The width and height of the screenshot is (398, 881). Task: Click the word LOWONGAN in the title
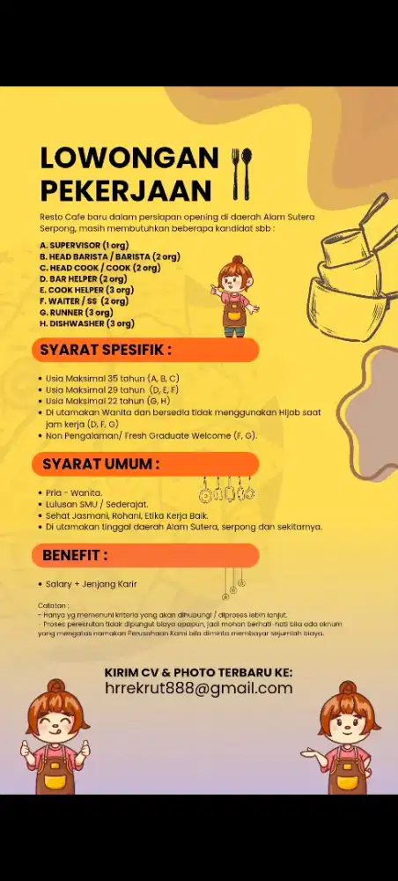pyautogui.click(x=129, y=158)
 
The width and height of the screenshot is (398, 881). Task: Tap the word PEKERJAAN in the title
pyautogui.click(x=126, y=190)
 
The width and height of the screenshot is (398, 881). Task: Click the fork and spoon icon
pyautogui.click(x=241, y=174)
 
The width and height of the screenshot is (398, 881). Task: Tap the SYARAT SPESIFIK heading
pyautogui.click(x=106, y=350)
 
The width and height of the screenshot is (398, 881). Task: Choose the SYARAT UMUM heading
pyautogui.click(x=101, y=463)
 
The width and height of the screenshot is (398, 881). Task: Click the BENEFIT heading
pyautogui.click(x=76, y=556)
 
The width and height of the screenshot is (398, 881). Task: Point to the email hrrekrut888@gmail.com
pyautogui.click(x=198, y=689)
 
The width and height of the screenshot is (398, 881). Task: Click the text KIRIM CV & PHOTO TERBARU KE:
pyautogui.click(x=198, y=672)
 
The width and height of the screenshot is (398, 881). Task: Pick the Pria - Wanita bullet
pyautogui.click(x=74, y=492)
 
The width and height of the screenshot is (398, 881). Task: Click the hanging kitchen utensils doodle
pyautogui.click(x=227, y=489)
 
